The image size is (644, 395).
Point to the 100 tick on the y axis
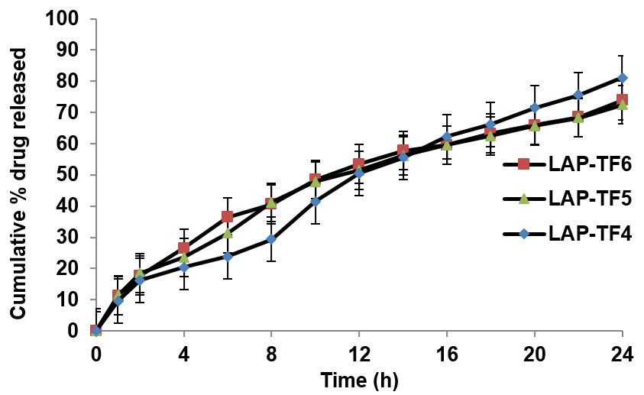(x=64, y=18)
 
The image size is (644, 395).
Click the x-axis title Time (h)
(x=359, y=379)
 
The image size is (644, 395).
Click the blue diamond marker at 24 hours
(x=623, y=78)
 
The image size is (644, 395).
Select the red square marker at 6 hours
(x=227, y=217)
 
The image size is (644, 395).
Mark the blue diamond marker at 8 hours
(x=271, y=239)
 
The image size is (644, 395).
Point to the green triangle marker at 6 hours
(x=227, y=233)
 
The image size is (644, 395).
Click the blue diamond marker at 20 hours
(x=535, y=108)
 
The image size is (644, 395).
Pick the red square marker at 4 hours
(x=183, y=248)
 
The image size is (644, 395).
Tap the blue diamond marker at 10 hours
(x=315, y=202)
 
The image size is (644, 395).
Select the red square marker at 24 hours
(x=623, y=99)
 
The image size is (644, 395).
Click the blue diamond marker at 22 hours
(x=578, y=95)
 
